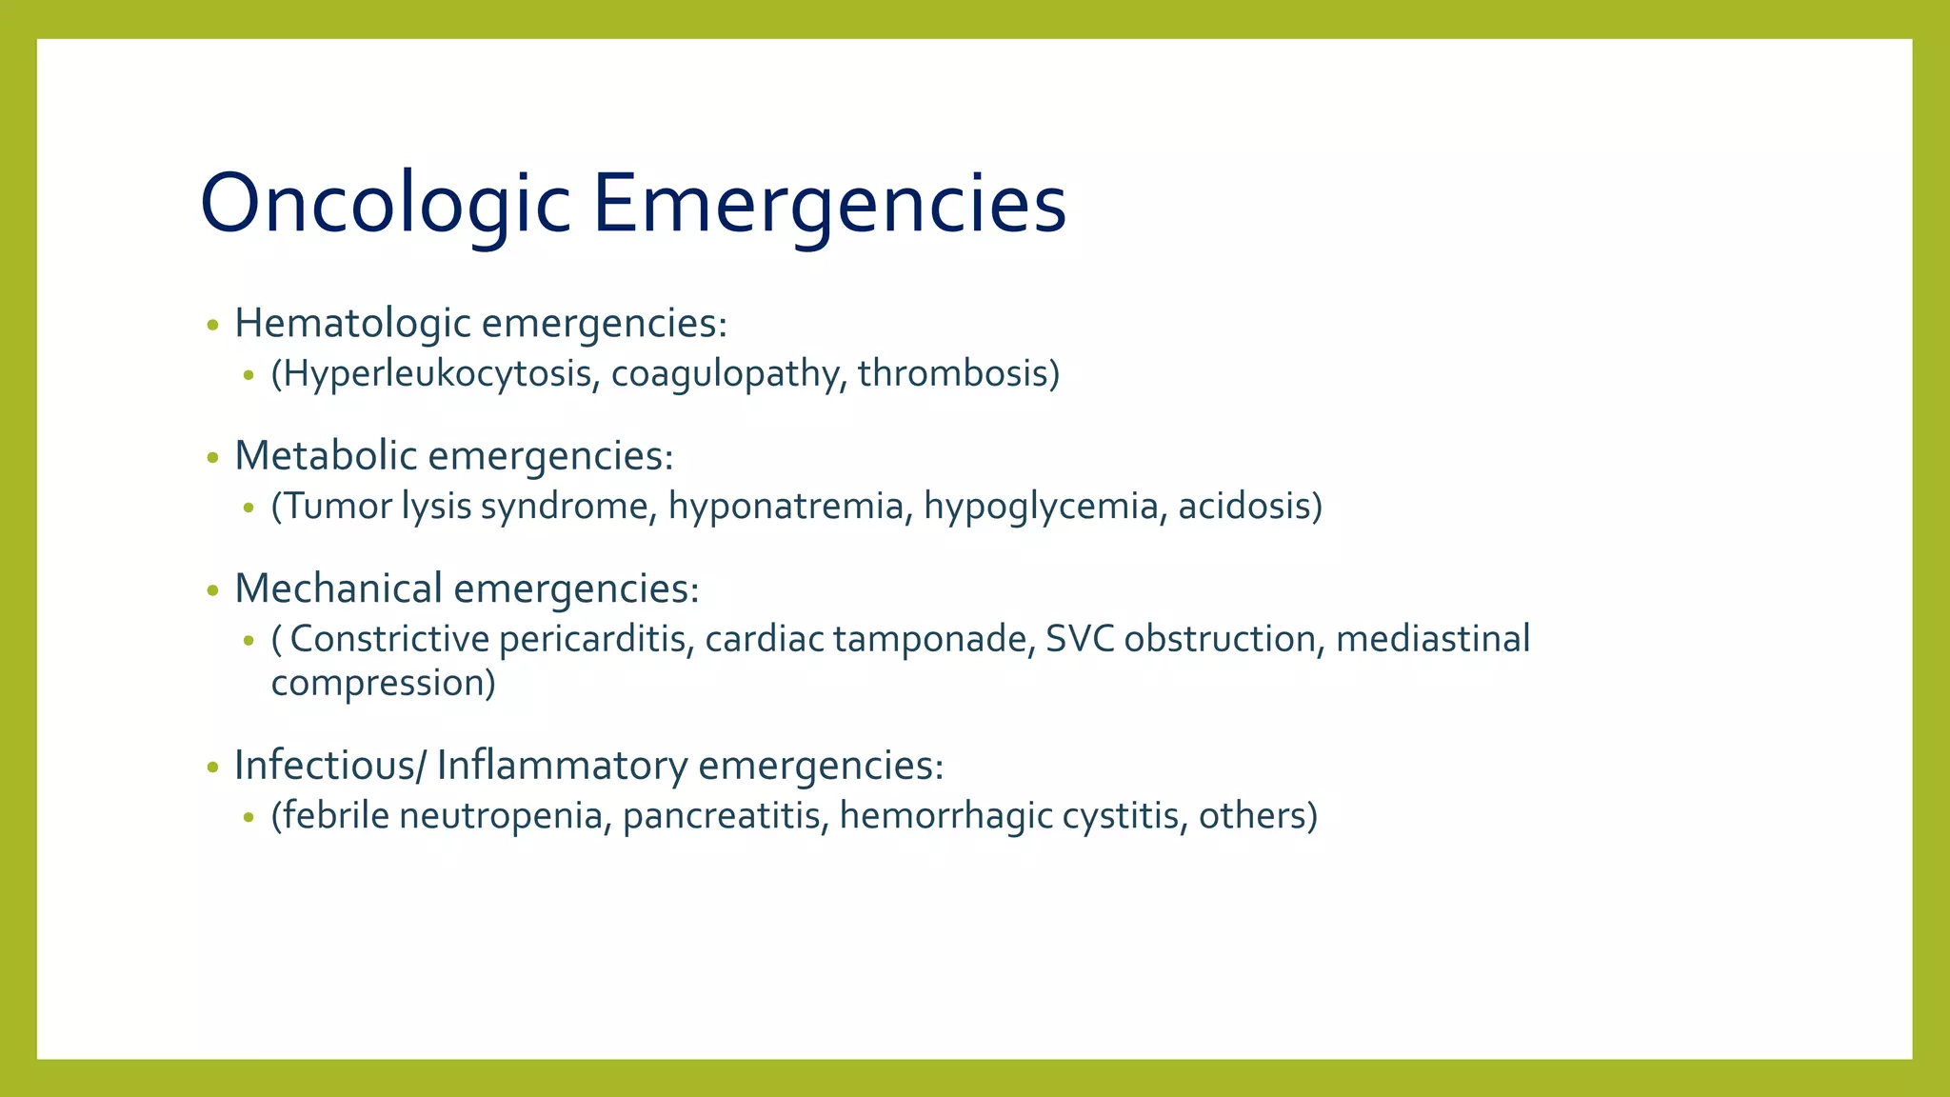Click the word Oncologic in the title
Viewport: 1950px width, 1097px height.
385,203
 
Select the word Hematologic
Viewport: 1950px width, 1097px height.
353,324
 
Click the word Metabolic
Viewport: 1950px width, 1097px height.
326,456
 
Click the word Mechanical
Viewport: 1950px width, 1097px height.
339,588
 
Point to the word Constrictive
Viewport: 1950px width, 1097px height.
389,639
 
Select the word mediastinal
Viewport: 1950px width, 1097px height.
1432,639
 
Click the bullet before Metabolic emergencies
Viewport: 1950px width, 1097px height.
212,458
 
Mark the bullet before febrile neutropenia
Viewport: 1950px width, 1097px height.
249,817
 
